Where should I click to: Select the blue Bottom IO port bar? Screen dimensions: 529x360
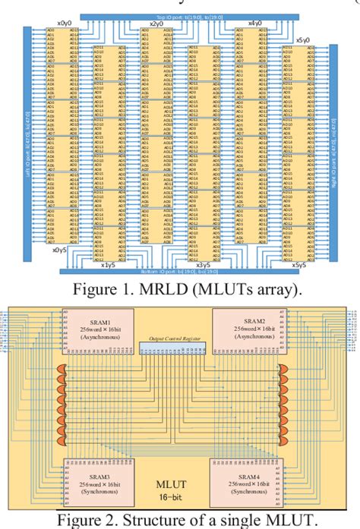point(181,270)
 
